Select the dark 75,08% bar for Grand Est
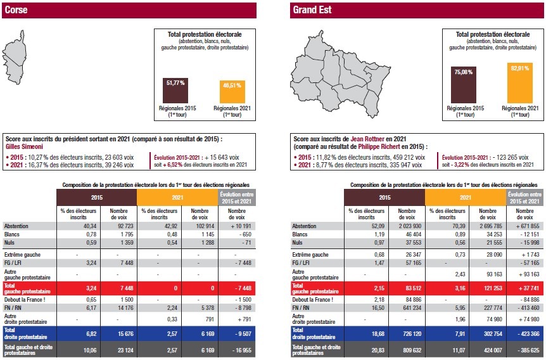click(x=466, y=85)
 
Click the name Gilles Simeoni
click(x=23, y=145)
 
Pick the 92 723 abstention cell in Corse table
click(x=122, y=226)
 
